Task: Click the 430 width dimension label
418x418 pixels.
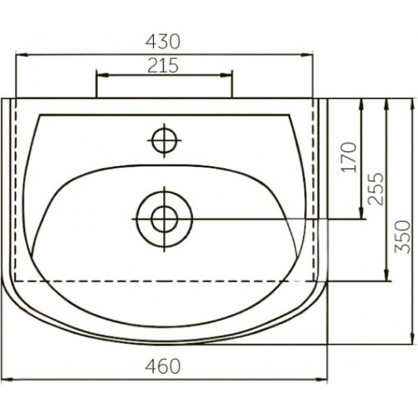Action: pos(163,42)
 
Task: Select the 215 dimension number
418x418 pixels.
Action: pos(163,65)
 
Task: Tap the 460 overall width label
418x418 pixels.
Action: pos(163,366)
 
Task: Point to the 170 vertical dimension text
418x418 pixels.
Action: pos(349,157)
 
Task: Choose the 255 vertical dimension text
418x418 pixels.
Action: pos(375,189)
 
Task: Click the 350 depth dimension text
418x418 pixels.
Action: pos(403,237)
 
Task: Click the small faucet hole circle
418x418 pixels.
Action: pos(165,140)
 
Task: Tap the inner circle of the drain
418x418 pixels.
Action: pos(165,219)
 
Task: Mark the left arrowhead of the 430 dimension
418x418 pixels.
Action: pos(22,55)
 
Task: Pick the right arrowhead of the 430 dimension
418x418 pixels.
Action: pos(307,55)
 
